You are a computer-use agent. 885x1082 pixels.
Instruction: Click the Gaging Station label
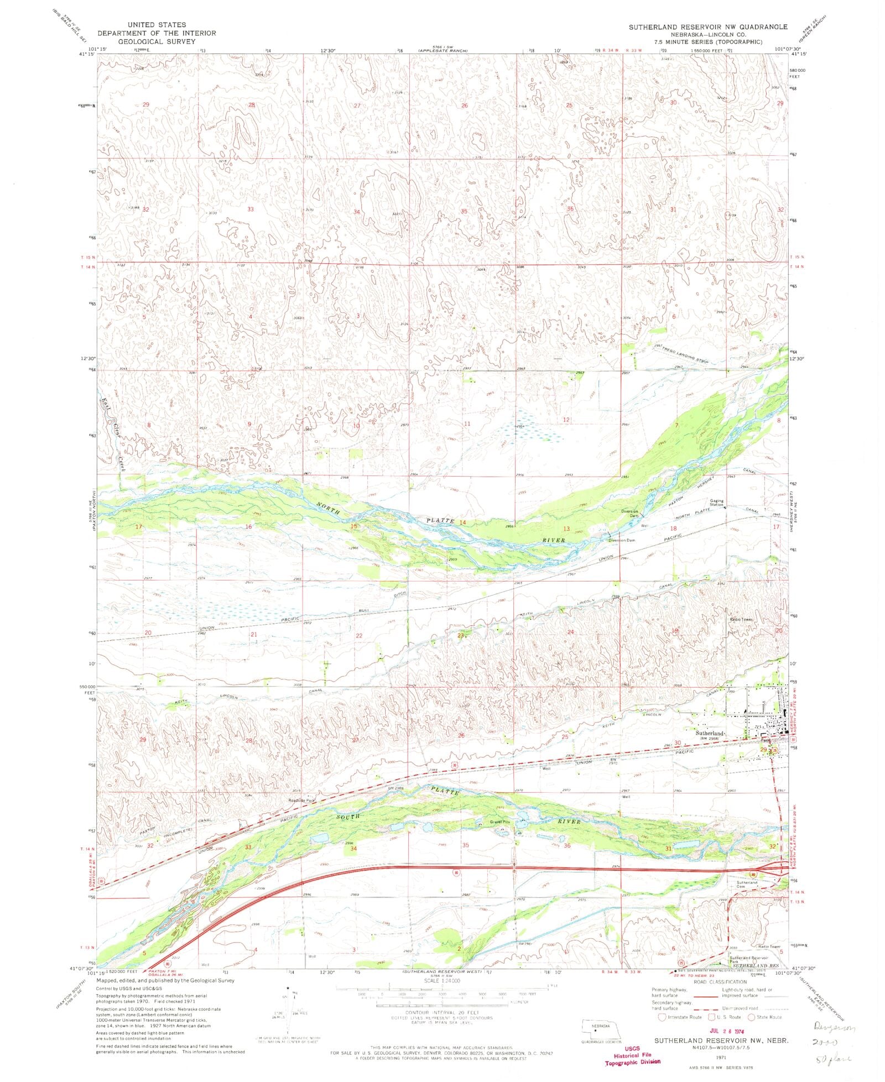tap(716, 503)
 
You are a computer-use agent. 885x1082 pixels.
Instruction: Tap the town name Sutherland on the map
tap(709, 734)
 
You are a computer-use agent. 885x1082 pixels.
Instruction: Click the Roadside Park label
tap(301, 800)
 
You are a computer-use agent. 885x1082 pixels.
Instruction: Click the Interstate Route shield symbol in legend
tap(662, 1016)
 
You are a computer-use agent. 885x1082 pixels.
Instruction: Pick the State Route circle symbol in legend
tap(751, 1016)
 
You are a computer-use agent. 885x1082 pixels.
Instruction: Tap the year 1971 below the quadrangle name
tap(721, 1056)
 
